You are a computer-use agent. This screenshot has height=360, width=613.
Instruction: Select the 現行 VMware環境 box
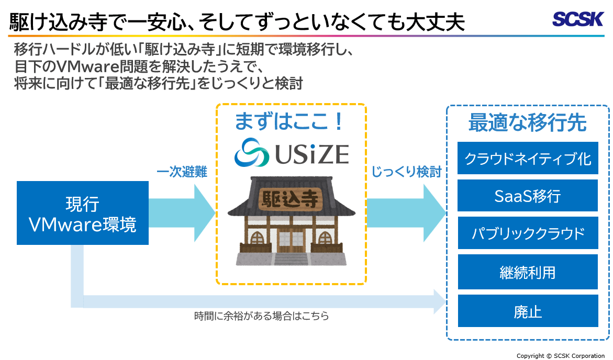coord(83,213)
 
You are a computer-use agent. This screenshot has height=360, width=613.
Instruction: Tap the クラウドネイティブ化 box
coord(528,157)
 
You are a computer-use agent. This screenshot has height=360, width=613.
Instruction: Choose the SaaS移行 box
coord(528,196)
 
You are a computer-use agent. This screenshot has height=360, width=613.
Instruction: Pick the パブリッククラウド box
coord(528,233)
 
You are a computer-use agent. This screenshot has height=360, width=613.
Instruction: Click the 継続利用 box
coord(528,272)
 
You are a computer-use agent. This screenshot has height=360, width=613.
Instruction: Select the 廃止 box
coord(528,311)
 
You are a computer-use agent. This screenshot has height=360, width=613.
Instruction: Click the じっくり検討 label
coord(406,172)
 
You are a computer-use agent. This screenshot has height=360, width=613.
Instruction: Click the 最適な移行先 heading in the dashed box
coord(527,123)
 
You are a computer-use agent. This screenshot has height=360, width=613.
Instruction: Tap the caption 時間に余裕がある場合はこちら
coord(261,316)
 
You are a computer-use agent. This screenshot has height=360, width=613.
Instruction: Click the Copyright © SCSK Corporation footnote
coord(561,355)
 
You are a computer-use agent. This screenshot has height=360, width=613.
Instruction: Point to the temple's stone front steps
coord(291,258)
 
